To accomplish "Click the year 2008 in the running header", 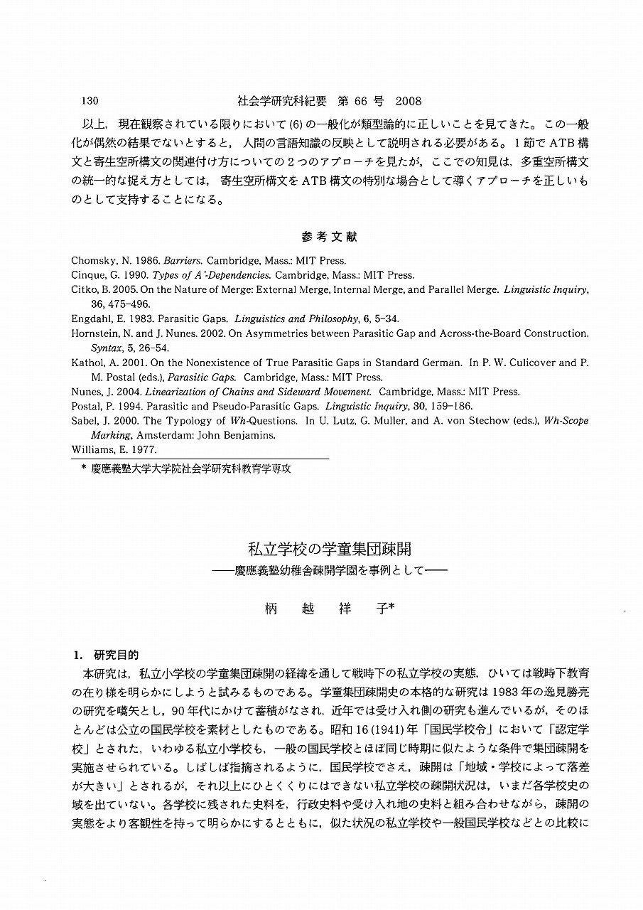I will (x=409, y=101).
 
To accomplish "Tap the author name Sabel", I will (x=84, y=421).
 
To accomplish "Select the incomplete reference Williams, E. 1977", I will (x=114, y=449).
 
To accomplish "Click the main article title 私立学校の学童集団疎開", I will (x=329, y=549).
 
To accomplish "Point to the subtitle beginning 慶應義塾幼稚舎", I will (x=328, y=570).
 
